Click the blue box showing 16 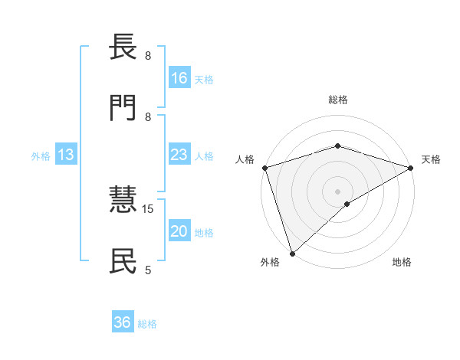[179, 78]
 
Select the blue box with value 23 [179, 155]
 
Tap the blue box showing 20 [179, 231]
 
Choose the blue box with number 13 [66, 155]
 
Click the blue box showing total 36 [123, 322]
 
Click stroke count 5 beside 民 [148, 270]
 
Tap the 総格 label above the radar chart [338, 100]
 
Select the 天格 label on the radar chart [432, 159]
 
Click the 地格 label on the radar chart [402, 262]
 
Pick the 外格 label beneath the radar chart [270, 262]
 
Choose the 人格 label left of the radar [245, 159]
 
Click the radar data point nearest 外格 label [292, 254]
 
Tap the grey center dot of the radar [338, 191]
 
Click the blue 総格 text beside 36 [147, 324]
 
